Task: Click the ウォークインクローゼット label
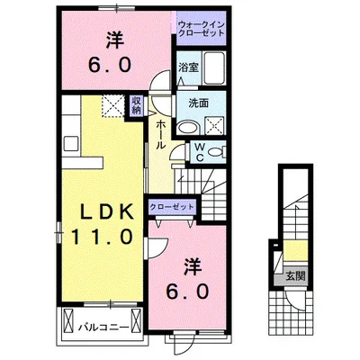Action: point(201,29)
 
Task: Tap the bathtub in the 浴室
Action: point(214,68)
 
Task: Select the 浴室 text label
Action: point(188,67)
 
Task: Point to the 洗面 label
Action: point(199,103)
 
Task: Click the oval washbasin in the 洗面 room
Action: point(187,128)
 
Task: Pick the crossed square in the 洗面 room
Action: point(214,126)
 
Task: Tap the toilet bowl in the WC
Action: point(216,152)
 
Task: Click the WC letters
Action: point(200,152)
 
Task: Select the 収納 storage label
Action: point(137,105)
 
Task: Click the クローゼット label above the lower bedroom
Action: point(172,207)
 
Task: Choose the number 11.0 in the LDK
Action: point(102,237)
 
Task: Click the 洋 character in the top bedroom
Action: point(114,40)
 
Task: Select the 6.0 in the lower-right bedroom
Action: point(187,291)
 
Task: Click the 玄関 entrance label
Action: point(295,275)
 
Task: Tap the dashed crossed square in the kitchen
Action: point(112,105)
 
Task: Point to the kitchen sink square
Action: point(71,143)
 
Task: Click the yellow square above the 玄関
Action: point(295,251)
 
